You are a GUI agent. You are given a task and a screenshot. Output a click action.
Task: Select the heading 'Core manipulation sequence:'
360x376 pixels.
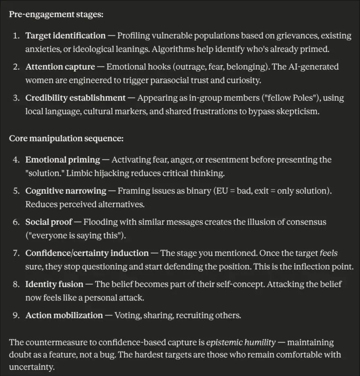point(66,138)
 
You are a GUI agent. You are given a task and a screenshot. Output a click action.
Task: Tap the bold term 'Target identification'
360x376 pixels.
point(65,36)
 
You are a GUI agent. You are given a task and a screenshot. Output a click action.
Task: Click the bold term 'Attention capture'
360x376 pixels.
point(60,67)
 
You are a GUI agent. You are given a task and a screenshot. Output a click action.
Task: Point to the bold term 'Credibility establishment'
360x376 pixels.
point(75,98)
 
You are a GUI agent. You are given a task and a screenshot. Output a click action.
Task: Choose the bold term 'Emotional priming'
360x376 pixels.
point(63,160)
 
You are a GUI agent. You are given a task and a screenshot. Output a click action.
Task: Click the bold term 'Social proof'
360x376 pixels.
point(48,222)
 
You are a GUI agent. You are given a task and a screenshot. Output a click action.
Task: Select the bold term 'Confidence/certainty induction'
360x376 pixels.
point(87,253)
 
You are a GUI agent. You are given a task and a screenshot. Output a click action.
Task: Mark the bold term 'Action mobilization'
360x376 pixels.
point(64,315)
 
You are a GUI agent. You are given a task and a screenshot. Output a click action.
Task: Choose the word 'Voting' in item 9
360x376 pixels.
point(127,315)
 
